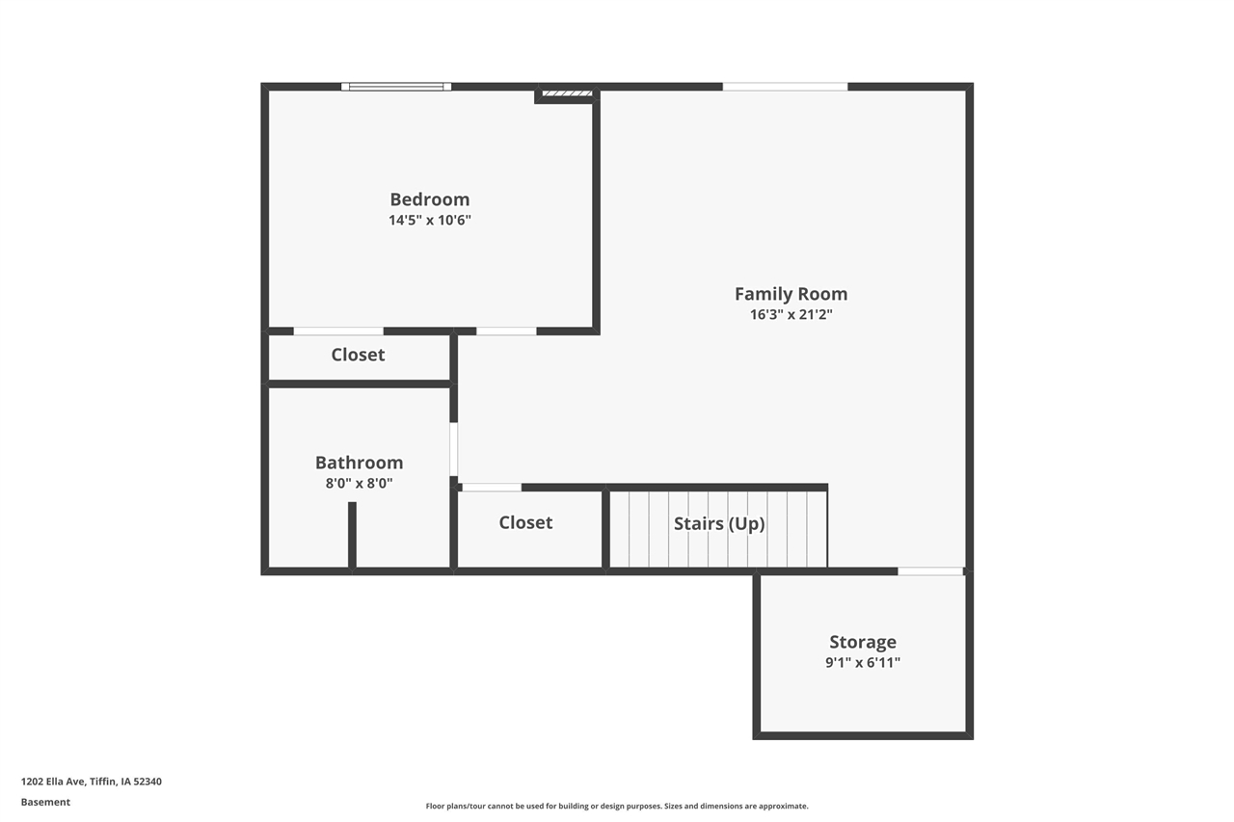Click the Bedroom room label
point(429,199)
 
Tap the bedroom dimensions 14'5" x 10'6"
point(429,220)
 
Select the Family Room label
point(791,294)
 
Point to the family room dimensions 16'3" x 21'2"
point(791,314)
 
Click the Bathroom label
point(359,463)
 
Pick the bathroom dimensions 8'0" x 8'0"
point(359,484)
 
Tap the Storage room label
point(863,642)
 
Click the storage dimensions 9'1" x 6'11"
point(863,662)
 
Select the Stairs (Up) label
point(719,523)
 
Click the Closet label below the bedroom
point(358,355)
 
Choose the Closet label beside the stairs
point(525,522)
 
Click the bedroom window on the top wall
point(396,87)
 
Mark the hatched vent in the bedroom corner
point(567,93)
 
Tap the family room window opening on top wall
point(785,87)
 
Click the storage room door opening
point(930,571)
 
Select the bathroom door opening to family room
point(453,449)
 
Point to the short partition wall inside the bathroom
point(352,535)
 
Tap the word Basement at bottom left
point(45,802)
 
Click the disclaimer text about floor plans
point(617,806)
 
